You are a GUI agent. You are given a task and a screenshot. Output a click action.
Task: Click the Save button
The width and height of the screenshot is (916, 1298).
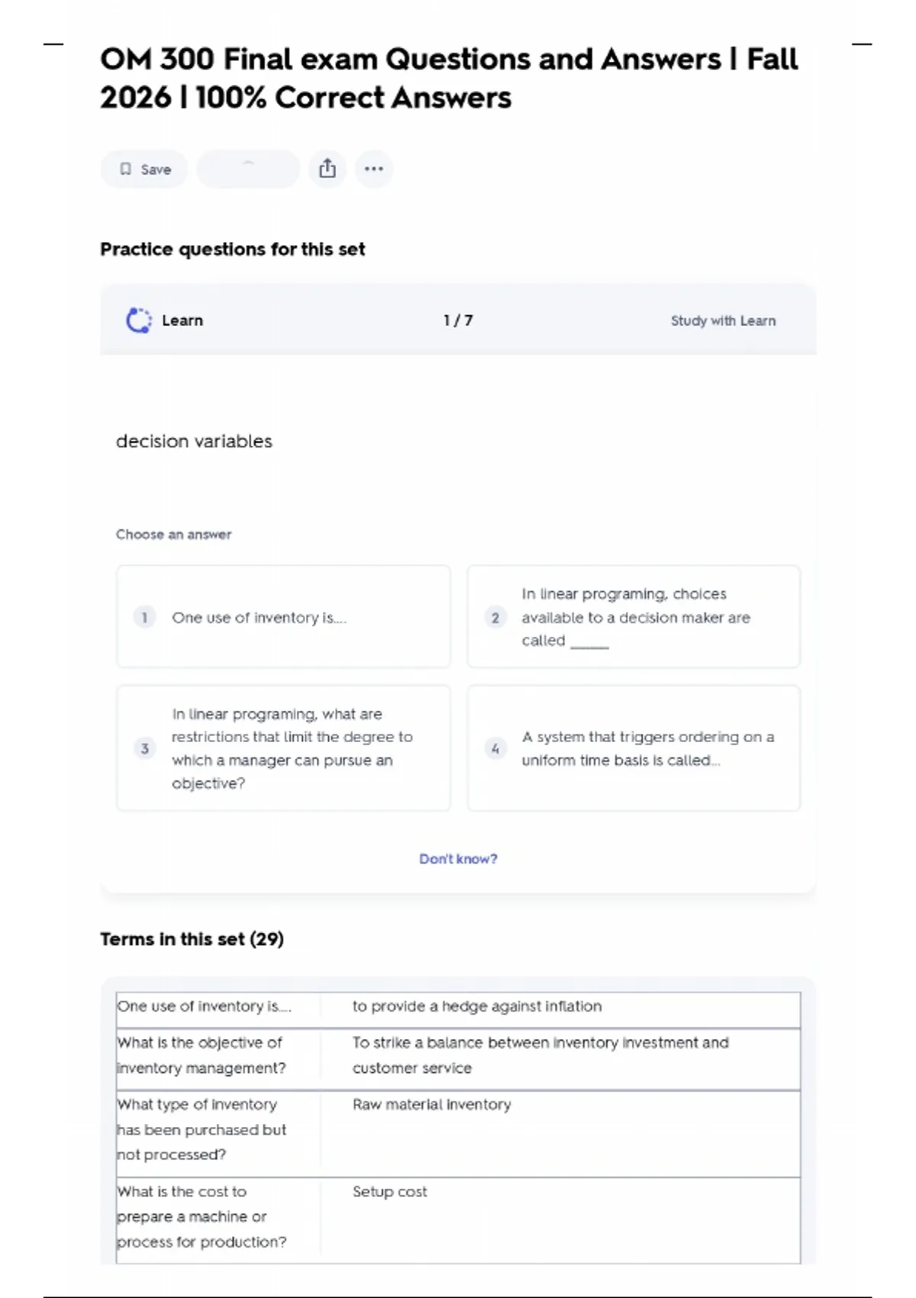click(144, 170)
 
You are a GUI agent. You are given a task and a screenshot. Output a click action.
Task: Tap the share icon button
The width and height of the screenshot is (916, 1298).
click(327, 169)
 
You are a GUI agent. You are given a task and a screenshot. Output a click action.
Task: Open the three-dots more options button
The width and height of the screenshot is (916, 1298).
click(373, 169)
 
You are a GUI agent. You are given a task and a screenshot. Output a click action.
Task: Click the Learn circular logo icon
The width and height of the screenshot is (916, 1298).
click(138, 321)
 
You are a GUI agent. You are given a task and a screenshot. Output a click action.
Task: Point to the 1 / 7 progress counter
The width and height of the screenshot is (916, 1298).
click(458, 321)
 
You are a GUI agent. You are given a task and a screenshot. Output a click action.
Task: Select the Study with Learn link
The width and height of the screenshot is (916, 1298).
click(723, 321)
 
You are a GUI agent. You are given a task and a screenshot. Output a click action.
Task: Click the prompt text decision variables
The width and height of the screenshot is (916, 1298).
click(194, 441)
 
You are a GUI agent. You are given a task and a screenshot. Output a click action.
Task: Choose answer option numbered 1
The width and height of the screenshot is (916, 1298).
click(283, 617)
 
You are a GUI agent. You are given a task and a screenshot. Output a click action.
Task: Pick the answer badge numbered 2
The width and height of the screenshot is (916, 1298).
click(495, 617)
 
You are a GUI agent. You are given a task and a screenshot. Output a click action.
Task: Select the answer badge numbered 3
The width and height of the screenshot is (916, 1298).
click(145, 748)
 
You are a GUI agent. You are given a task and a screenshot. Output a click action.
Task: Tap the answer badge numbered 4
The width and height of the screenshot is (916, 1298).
click(495, 748)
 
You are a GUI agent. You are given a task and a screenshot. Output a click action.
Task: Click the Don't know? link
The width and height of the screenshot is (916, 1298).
click(458, 859)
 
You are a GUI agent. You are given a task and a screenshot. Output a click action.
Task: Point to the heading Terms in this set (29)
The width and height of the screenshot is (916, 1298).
click(192, 939)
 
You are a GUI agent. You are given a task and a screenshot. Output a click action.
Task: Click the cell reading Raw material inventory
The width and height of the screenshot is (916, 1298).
click(432, 1105)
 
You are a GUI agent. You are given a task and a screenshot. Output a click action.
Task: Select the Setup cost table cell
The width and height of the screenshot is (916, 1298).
click(390, 1192)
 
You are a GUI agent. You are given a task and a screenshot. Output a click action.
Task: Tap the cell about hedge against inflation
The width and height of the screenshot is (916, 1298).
click(477, 1006)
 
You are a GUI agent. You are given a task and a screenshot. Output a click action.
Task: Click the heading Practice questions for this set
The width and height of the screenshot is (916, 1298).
click(232, 250)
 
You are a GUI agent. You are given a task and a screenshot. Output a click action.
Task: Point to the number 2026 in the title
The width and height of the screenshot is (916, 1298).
click(135, 98)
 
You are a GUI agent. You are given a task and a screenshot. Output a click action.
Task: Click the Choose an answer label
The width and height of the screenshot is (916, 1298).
click(173, 534)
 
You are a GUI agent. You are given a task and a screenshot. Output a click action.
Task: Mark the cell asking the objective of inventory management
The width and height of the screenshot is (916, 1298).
click(202, 1055)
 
